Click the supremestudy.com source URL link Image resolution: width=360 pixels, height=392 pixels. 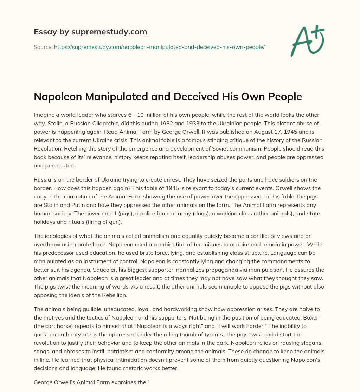[x=159, y=47]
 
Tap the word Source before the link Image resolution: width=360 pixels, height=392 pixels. [x=43, y=47]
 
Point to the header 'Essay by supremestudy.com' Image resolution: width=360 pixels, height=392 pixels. [x=90, y=32]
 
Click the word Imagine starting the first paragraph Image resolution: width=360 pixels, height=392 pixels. [x=45, y=115]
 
